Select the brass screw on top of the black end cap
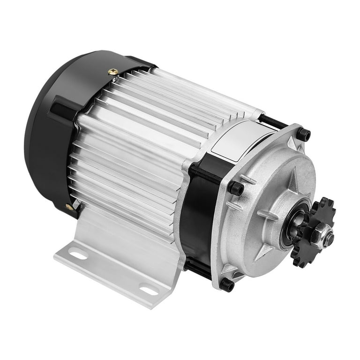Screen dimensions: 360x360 coord(112,72)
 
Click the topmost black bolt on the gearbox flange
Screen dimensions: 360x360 coord(304,135)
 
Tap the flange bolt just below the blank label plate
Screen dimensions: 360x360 coord(236,188)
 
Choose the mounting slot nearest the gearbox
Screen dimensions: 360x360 coord(149,291)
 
